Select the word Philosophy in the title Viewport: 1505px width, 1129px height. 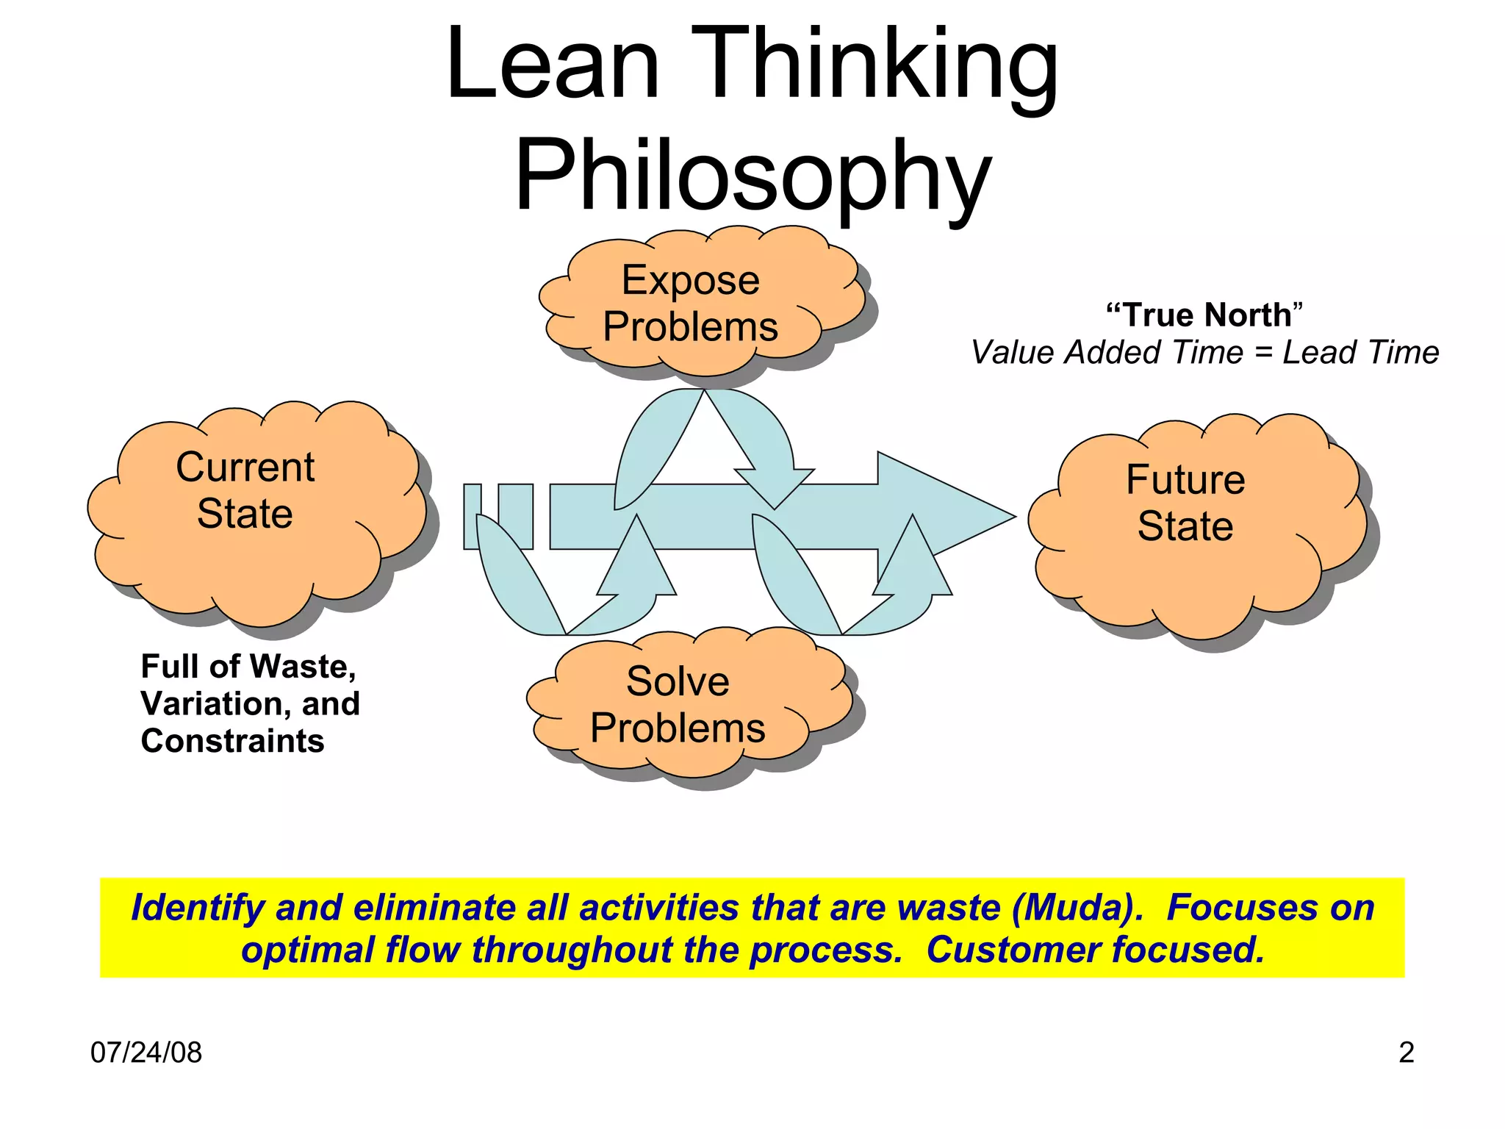coord(752,178)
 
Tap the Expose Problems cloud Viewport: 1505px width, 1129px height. coord(691,303)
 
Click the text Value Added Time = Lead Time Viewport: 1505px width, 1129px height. coord(1205,353)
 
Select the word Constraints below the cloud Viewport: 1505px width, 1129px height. coord(232,741)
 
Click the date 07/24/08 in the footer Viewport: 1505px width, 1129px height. coord(146,1053)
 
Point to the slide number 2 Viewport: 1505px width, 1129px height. coord(1406,1053)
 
